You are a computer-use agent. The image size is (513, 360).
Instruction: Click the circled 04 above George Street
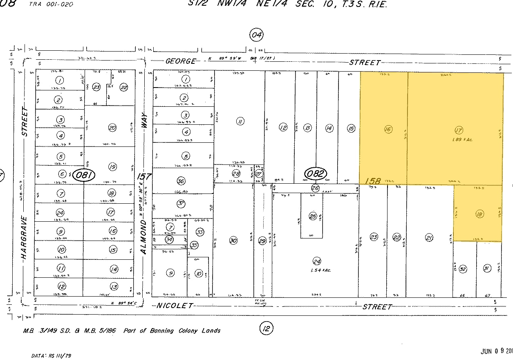click(x=257, y=35)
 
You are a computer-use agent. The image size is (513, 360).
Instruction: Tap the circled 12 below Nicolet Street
click(x=266, y=328)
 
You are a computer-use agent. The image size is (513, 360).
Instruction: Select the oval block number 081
click(x=84, y=176)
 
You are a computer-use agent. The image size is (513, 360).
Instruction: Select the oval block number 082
click(x=316, y=174)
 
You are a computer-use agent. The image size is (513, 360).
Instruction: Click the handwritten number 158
click(x=373, y=180)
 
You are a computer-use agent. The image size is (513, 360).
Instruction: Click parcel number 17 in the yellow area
click(x=459, y=130)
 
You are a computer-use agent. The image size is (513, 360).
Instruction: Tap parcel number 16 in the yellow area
click(x=388, y=129)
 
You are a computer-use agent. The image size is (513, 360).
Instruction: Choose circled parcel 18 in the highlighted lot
click(x=479, y=214)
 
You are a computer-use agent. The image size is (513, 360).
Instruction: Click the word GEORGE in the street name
click(x=180, y=61)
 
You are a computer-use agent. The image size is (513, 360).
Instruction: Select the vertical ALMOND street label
click(x=144, y=237)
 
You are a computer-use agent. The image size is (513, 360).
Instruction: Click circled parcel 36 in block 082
click(x=181, y=180)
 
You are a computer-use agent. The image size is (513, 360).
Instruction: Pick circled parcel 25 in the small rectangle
click(x=313, y=216)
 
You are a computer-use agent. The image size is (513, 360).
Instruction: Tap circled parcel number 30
click(x=233, y=241)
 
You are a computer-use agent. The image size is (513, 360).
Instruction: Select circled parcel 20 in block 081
click(x=112, y=128)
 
